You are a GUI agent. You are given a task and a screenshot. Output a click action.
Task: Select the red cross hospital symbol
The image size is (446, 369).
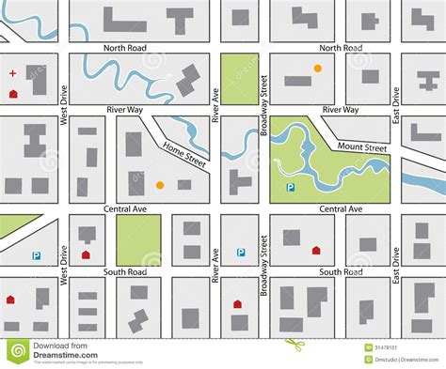click(x=12, y=73)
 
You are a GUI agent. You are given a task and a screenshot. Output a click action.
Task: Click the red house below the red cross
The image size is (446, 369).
click(x=13, y=94)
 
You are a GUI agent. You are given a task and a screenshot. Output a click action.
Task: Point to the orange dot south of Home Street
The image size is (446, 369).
click(x=159, y=185)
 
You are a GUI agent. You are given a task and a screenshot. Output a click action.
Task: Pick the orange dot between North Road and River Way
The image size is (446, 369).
click(x=317, y=69)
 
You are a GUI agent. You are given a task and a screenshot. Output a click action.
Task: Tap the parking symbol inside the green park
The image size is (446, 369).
click(x=291, y=188)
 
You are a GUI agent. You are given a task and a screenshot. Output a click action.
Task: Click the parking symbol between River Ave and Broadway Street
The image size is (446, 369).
click(x=241, y=252)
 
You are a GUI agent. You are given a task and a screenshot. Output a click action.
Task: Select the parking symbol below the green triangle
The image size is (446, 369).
click(x=37, y=254)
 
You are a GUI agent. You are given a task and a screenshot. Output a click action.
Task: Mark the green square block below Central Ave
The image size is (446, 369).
click(x=138, y=239)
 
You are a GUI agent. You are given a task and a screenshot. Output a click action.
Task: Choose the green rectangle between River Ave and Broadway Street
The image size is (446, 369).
click(x=239, y=78)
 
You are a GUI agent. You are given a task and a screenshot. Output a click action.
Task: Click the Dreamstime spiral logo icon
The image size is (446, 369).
click(x=18, y=351)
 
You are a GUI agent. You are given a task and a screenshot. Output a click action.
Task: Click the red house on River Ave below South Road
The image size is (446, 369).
click(x=237, y=303)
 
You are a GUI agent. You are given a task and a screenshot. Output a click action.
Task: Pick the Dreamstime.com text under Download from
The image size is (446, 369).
click(x=60, y=356)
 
